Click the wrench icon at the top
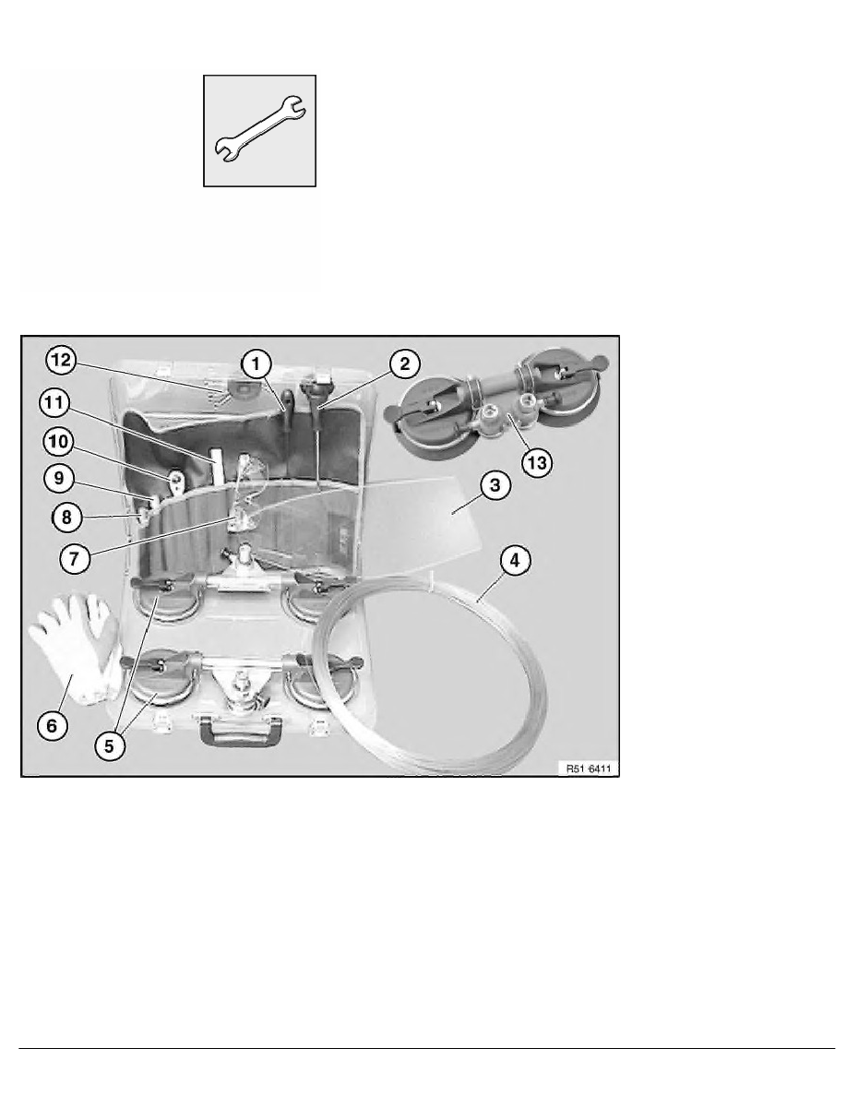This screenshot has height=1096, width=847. pyautogui.click(x=260, y=132)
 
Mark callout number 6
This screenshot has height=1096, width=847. pyautogui.click(x=53, y=726)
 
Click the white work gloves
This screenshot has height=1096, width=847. pyautogui.click(x=74, y=646)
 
